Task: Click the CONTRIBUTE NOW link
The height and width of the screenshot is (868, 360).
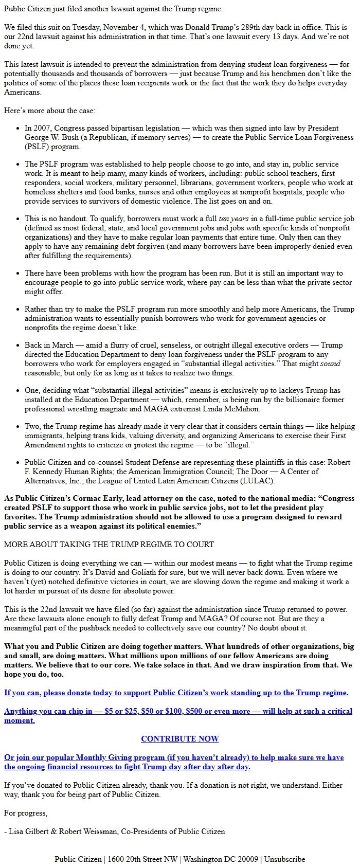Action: [180, 739]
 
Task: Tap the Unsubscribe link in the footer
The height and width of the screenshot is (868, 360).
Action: [284, 859]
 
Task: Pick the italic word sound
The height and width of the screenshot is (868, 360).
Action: [331, 364]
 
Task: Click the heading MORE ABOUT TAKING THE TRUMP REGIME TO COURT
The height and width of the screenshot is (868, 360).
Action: [109, 544]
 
